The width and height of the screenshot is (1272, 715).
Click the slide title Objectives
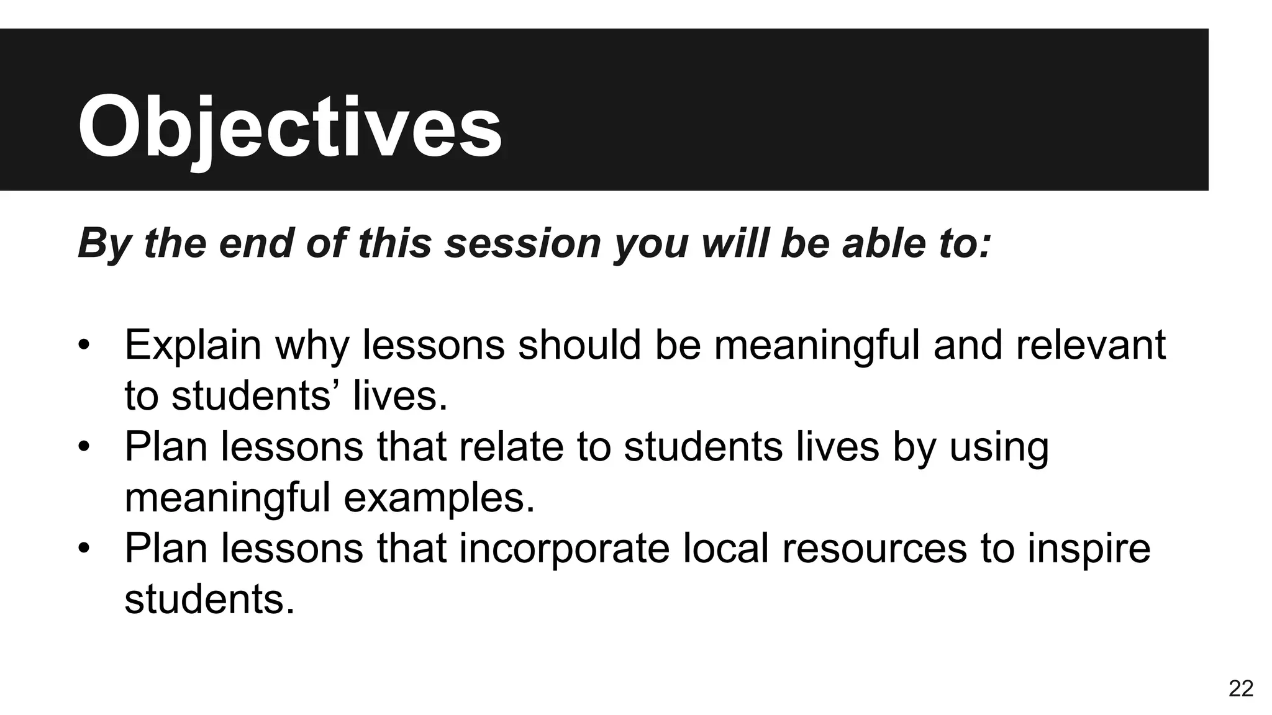289,127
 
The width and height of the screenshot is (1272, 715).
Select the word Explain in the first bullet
193,345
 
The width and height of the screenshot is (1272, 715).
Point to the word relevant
1091,345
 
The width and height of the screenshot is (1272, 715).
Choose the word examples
439,498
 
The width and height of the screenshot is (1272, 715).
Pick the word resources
874,549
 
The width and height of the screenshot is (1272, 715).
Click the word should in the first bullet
579,345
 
